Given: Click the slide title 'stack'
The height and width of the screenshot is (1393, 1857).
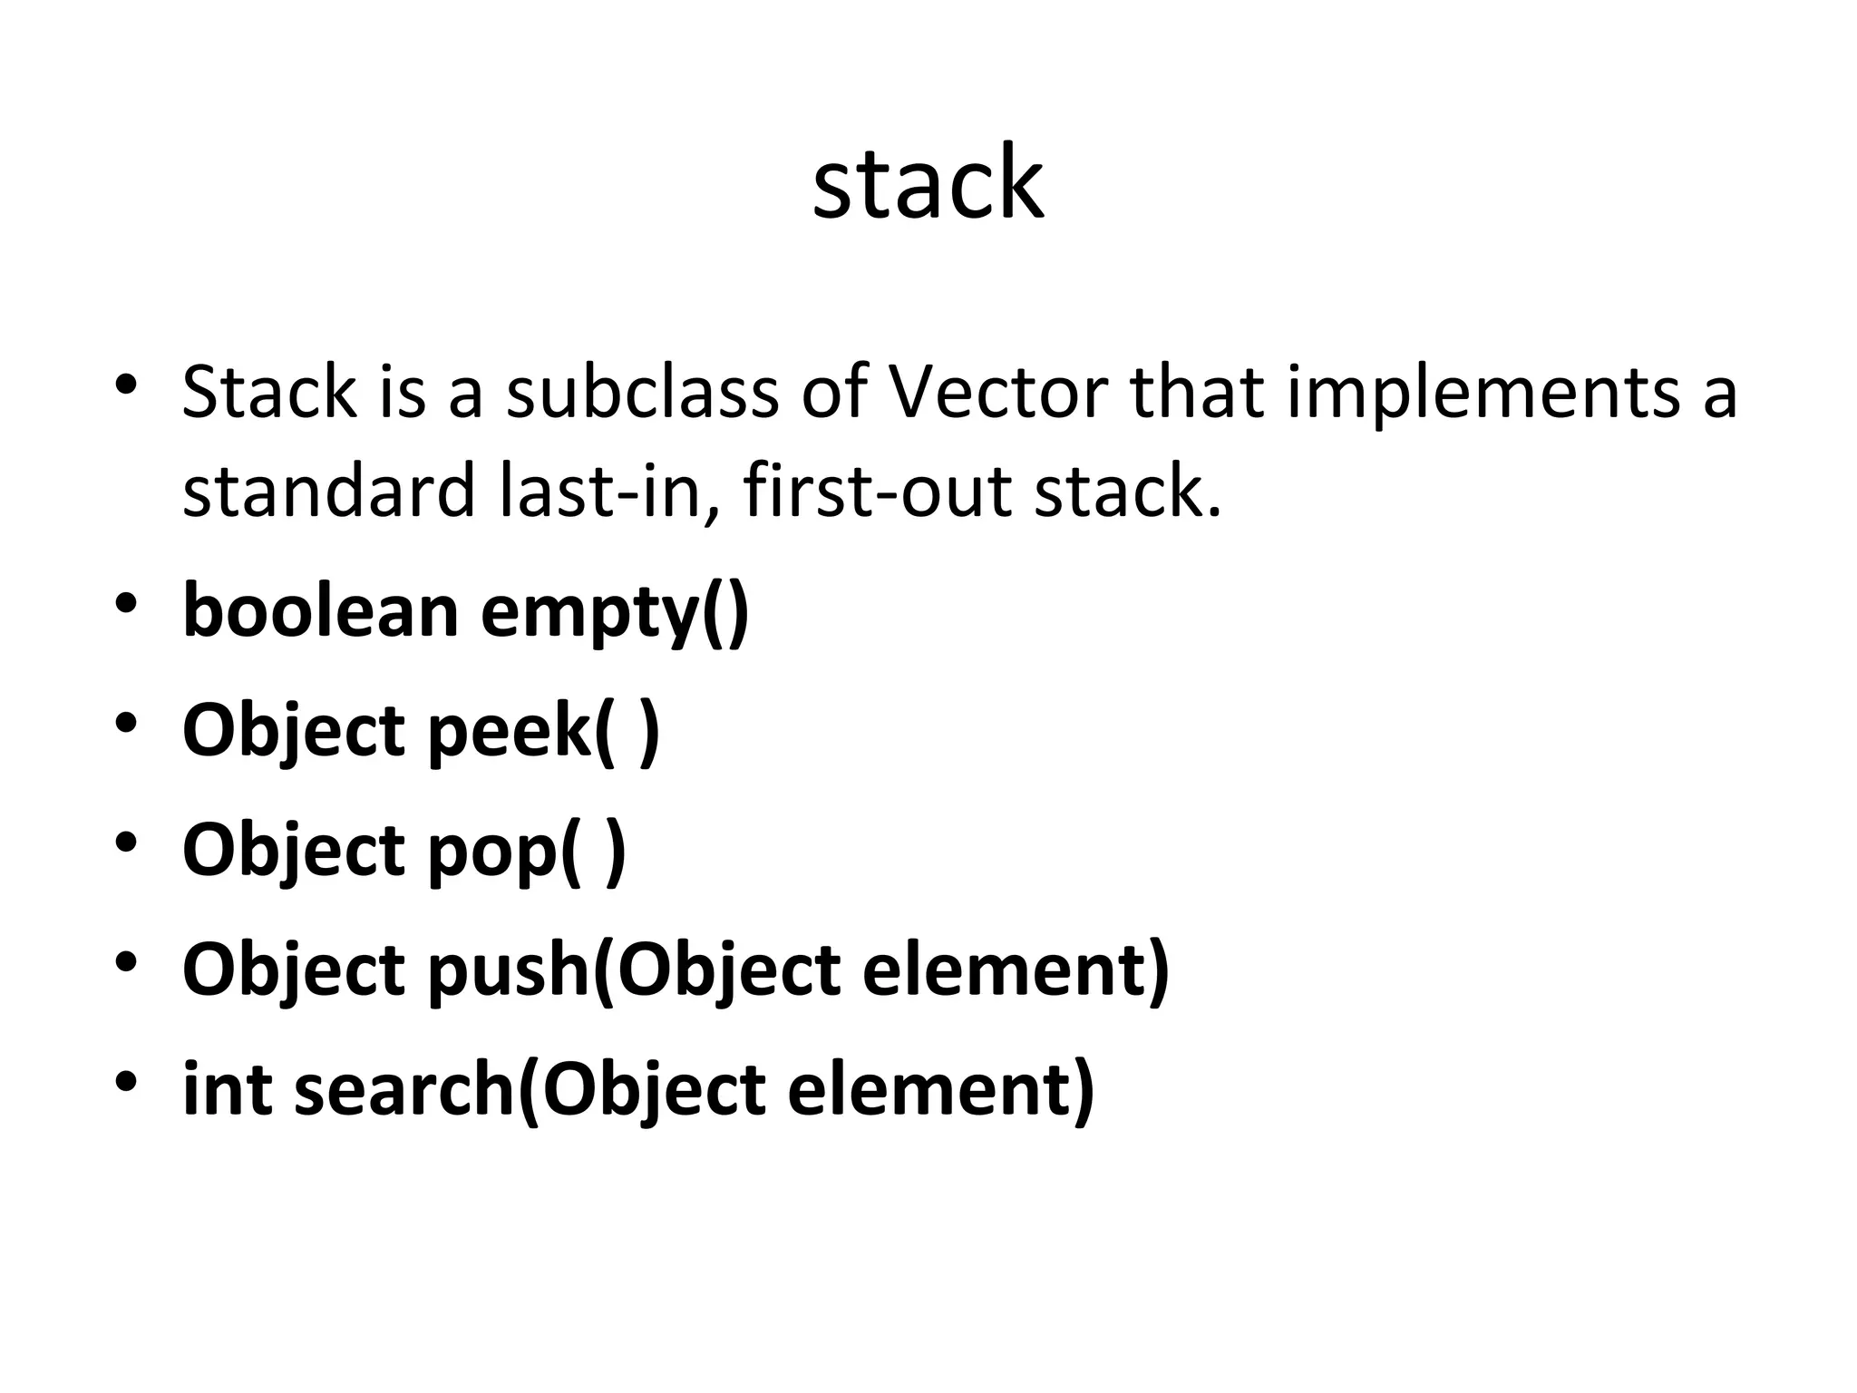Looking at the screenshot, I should [x=928, y=183].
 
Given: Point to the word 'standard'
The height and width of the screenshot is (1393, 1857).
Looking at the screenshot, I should [x=328, y=491].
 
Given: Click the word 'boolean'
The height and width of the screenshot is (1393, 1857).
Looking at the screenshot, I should [x=320, y=610].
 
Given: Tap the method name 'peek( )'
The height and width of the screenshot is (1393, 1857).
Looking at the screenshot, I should [x=543, y=730].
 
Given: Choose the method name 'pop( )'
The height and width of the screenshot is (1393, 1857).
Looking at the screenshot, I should [x=526, y=851].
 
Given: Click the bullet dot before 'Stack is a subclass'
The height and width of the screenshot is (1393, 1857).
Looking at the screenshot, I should [x=126, y=385].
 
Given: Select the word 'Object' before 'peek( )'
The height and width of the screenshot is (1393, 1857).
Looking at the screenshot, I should [x=293, y=730].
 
